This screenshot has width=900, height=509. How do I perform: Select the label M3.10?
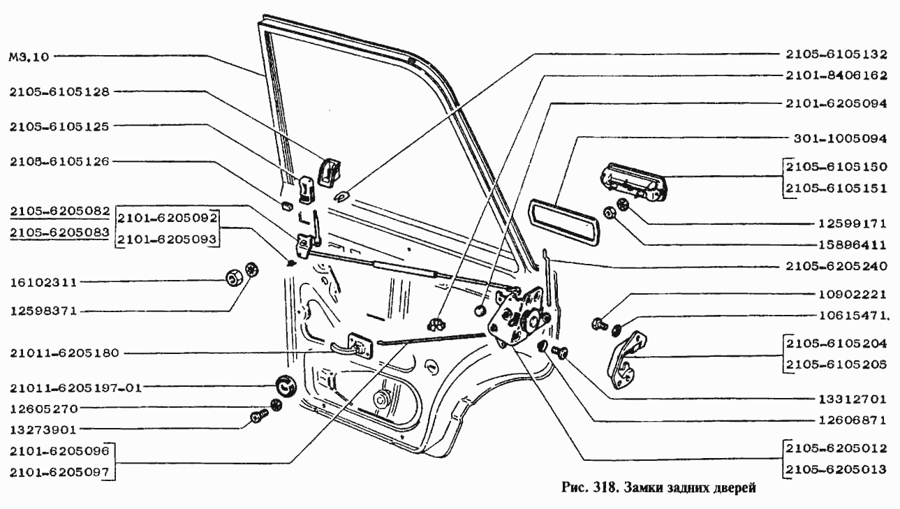(x=29, y=57)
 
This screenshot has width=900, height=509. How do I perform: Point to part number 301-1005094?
(x=840, y=138)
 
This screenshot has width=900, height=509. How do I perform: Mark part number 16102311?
(x=43, y=283)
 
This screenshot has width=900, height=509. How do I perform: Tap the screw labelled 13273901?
(x=257, y=418)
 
